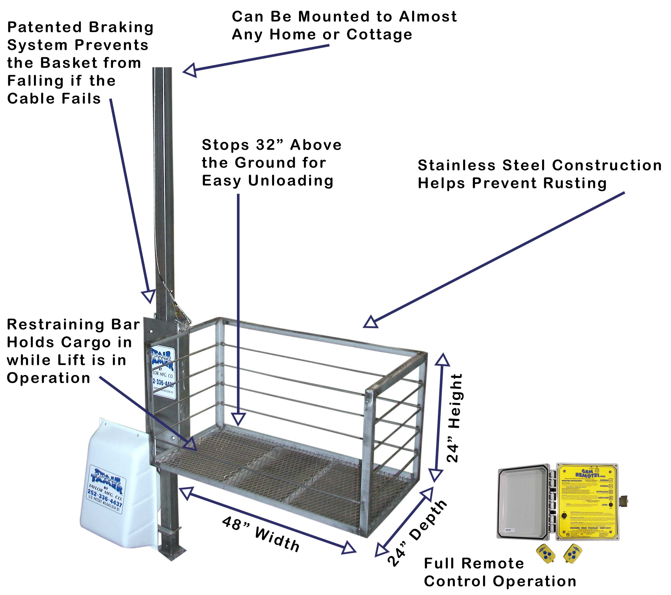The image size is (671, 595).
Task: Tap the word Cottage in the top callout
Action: tap(379, 35)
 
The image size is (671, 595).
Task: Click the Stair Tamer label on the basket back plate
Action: tap(163, 372)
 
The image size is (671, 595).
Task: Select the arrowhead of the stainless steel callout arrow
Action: tap(371, 322)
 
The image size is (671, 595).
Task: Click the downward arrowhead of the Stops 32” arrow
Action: tap(238, 419)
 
